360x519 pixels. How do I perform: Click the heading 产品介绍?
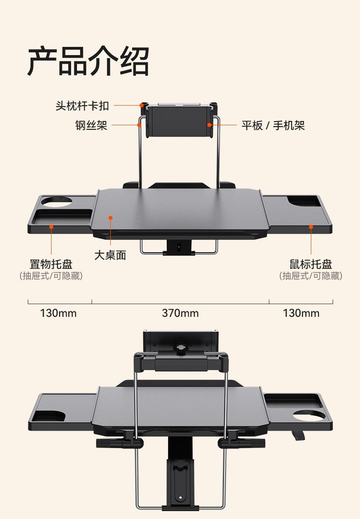pyautogui.click(x=88, y=61)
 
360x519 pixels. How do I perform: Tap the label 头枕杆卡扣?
pyautogui.click(x=82, y=106)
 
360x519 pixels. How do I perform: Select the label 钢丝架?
pyautogui.click(x=91, y=126)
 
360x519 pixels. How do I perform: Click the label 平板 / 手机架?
pyautogui.click(x=273, y=126)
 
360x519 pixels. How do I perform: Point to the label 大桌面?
pyautogui.click(x=110, y=255)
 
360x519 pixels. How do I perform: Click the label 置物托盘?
pyautogui.click(x=51, y=264)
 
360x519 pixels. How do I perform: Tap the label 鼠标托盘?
pyautogui.click(x=311, y=264)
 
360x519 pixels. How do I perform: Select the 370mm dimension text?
pyautogui.click(x=180, y=313)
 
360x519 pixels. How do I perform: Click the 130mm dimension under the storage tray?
pyautogui.click(x=58, y=313)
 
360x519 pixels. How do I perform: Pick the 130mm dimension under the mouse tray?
pyautogui.click(x=301, y=313)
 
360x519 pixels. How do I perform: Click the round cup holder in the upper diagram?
pyautogui.click(x=57, y=202)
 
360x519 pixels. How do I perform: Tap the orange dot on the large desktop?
pyautogui.click(x=111, y=218)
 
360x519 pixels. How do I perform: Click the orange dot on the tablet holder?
pyautogui.click(x=209, y=125)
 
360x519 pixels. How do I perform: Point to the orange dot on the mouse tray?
pyautogui.click(x=311, y=227)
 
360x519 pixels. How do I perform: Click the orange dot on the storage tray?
pyautogui.click(x=51, y=227)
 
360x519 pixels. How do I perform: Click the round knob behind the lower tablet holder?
pyautogui.click(x=180, y=349)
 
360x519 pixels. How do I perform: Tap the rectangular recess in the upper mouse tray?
pyautogui.click(x=303, y=201)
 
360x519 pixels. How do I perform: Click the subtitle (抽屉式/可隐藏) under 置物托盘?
pyautogui.click(x=51, y=276)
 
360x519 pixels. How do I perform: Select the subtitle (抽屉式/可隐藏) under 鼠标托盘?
pyautogui.click(x=311, y=276)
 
